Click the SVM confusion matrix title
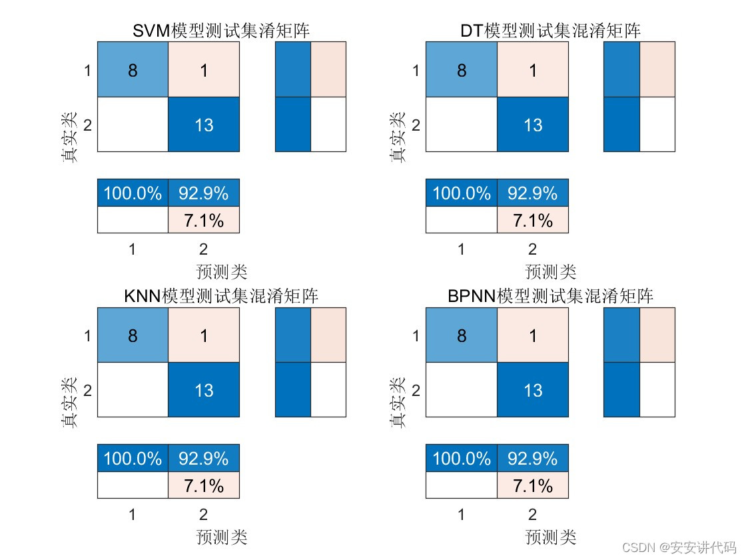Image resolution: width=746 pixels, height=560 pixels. [x=221, y=31]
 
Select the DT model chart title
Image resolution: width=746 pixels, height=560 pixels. [x=550, y=31]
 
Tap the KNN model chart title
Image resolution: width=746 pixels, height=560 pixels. [x=221, y=296]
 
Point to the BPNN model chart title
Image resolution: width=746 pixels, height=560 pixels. [x=550, y=296]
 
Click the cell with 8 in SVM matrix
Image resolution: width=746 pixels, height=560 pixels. [x=133, y=70]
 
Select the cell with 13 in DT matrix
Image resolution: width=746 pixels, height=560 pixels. [x=532, y=125]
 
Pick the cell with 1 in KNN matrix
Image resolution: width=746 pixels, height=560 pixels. [x=204, y=335]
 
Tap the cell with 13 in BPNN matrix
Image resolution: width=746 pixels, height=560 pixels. [x=532, y=390]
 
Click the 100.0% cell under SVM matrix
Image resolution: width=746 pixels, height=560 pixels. [x=133, y=193]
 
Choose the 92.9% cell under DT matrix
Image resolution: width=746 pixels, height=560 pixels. [x=532, y=193]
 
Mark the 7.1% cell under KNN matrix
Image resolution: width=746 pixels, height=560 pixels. [x=204, y=486]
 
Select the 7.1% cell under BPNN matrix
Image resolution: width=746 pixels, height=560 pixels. [x=532, y=486]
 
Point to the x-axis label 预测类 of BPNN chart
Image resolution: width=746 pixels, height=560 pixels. [x=550, y=537]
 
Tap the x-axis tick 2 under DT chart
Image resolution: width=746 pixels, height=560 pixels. [x=532, y=249]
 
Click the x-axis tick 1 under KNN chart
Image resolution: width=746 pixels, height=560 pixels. [x=133, y=515]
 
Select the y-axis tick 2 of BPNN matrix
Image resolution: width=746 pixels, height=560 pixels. [x=416, y=390]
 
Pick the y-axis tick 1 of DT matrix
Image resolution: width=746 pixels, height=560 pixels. [x=416, y=70]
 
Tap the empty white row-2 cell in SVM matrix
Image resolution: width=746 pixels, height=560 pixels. [x=133, y=125]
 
